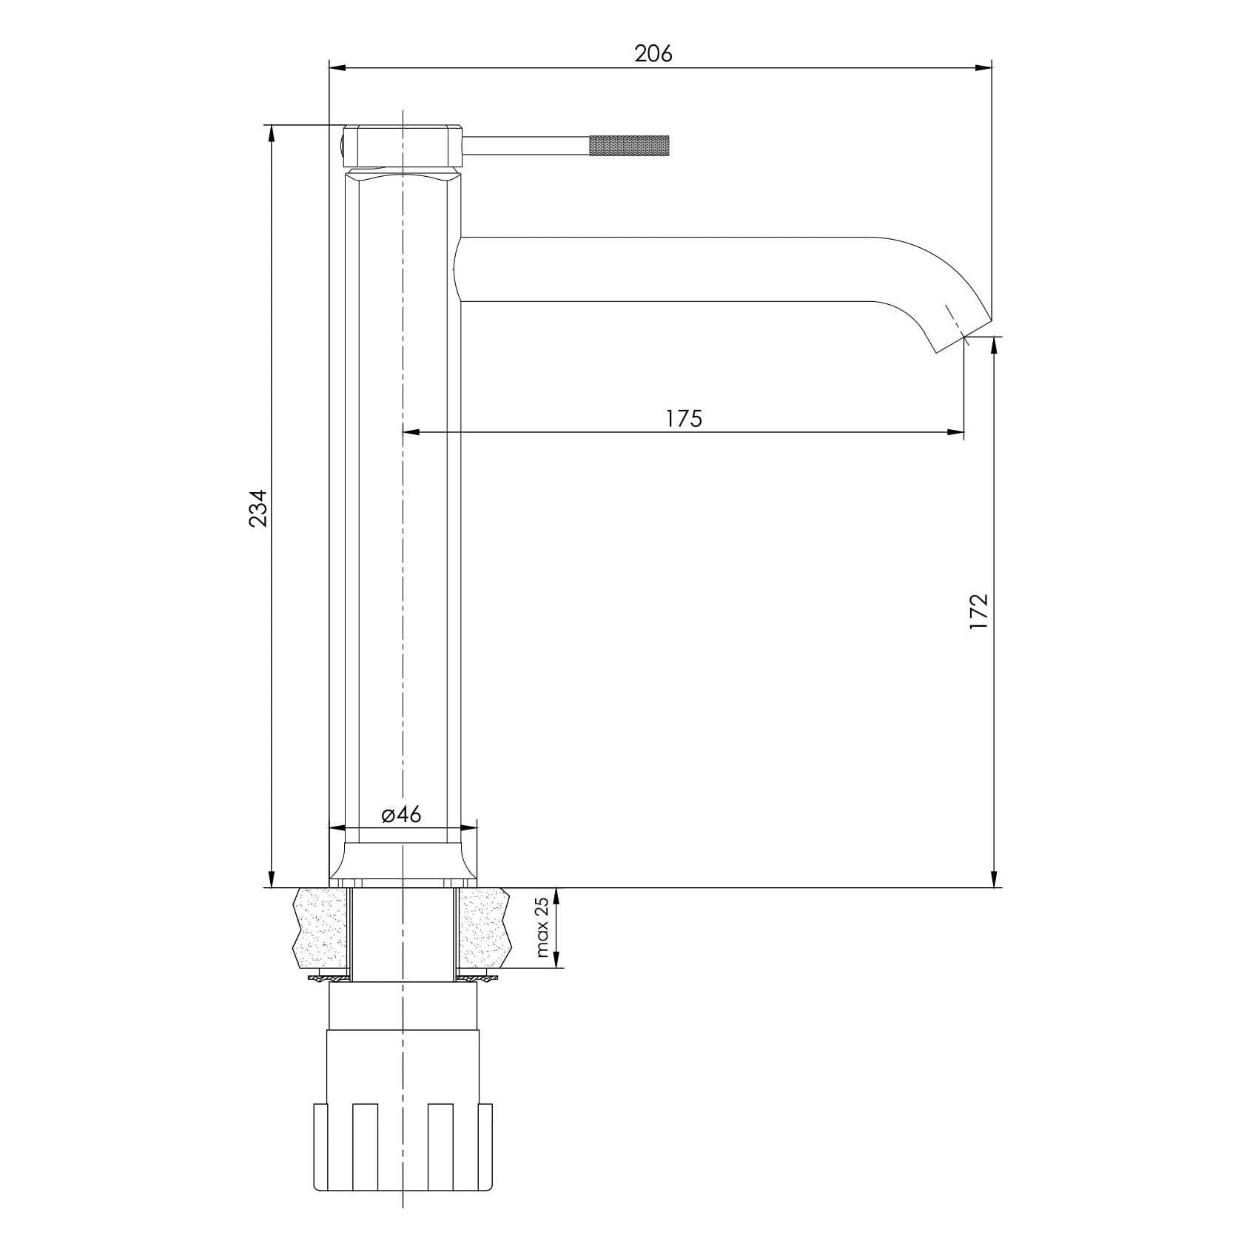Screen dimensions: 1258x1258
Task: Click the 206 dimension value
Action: click(x=653, y=53)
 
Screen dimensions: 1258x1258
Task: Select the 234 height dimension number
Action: click(x=258, y=508)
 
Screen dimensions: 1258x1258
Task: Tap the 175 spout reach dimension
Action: click(x=683, y=418)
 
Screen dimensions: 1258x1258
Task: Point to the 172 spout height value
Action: click(x=978, y=611)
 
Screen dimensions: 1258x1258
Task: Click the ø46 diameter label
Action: click(x=401, y=815)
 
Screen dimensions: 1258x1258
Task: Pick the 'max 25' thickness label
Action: click(x=542, y=927)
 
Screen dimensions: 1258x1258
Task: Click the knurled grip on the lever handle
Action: click(x=629, y=146)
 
